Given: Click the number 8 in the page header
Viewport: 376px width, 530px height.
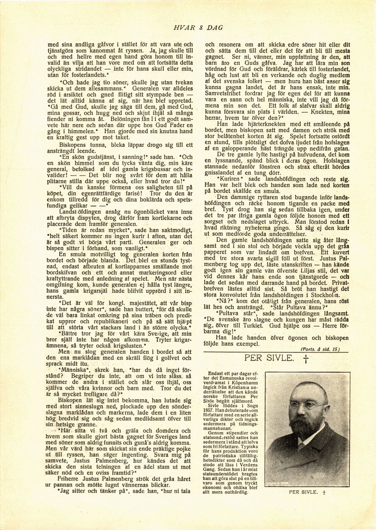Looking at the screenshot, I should [x=201, y=27].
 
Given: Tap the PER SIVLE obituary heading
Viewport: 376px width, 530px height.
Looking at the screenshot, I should [x=269, y=358].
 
